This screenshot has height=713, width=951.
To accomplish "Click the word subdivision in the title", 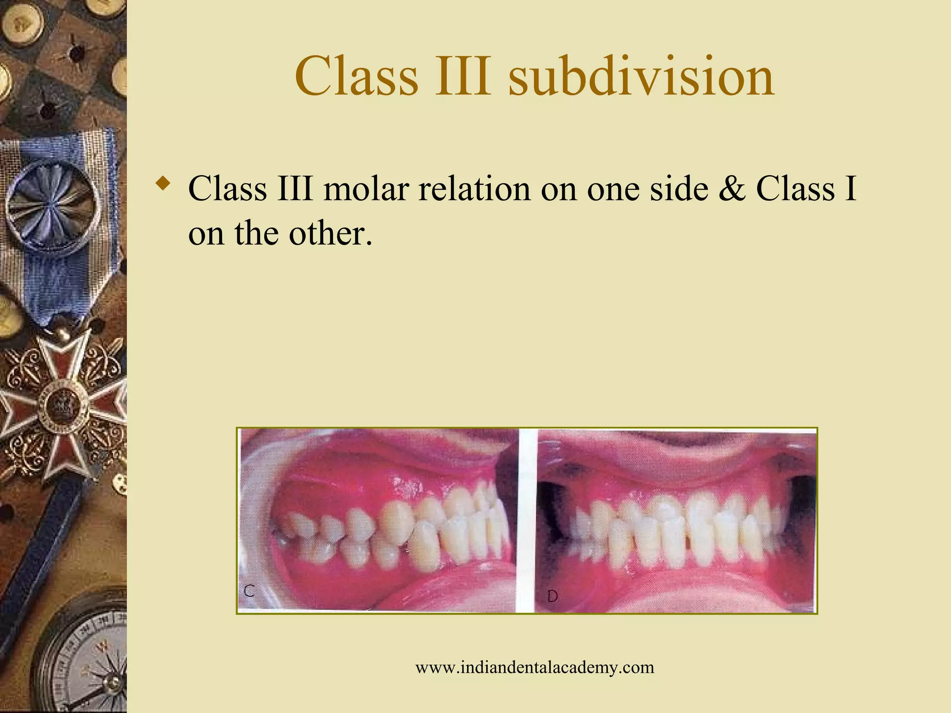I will click(641, 76).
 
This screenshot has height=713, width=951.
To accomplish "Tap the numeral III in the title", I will click(462, 76).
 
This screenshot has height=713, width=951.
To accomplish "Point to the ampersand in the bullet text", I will click(732, 189).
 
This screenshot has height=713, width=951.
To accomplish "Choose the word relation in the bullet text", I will click(474, 189).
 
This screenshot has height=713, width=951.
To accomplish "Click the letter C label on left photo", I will click(249, 591).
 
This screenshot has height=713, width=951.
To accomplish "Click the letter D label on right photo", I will click(552, 596).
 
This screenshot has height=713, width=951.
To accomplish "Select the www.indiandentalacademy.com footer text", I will click(534, 668).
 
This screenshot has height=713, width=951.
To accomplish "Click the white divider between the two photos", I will click(527, 520).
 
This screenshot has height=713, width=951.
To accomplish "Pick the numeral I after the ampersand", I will click(851, 189).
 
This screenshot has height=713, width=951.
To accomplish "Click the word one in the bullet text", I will click(613, 189).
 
